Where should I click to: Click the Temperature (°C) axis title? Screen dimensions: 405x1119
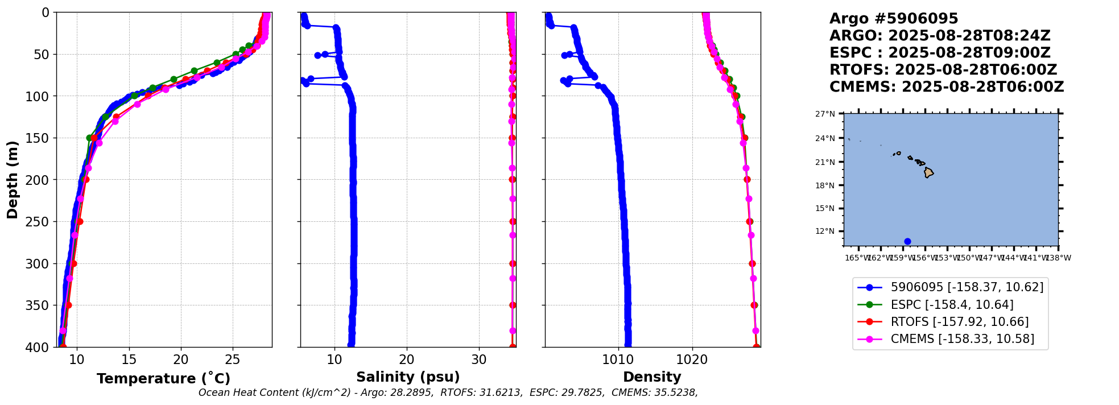163,379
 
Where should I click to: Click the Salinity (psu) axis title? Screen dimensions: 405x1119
408,377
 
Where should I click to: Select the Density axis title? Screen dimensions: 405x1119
652,377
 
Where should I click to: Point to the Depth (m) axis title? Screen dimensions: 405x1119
13,179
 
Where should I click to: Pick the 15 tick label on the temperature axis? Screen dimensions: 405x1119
129,359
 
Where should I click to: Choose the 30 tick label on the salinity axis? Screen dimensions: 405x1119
479,359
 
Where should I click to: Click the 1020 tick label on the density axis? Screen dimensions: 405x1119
692,359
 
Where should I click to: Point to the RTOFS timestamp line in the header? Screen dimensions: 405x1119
943,70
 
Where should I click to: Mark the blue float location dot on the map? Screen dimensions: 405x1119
907,241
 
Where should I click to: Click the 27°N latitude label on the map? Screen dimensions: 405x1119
825,114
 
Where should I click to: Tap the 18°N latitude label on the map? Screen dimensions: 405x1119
825,185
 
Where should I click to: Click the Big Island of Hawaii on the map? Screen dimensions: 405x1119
928,172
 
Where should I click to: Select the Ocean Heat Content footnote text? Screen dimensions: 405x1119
448,392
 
